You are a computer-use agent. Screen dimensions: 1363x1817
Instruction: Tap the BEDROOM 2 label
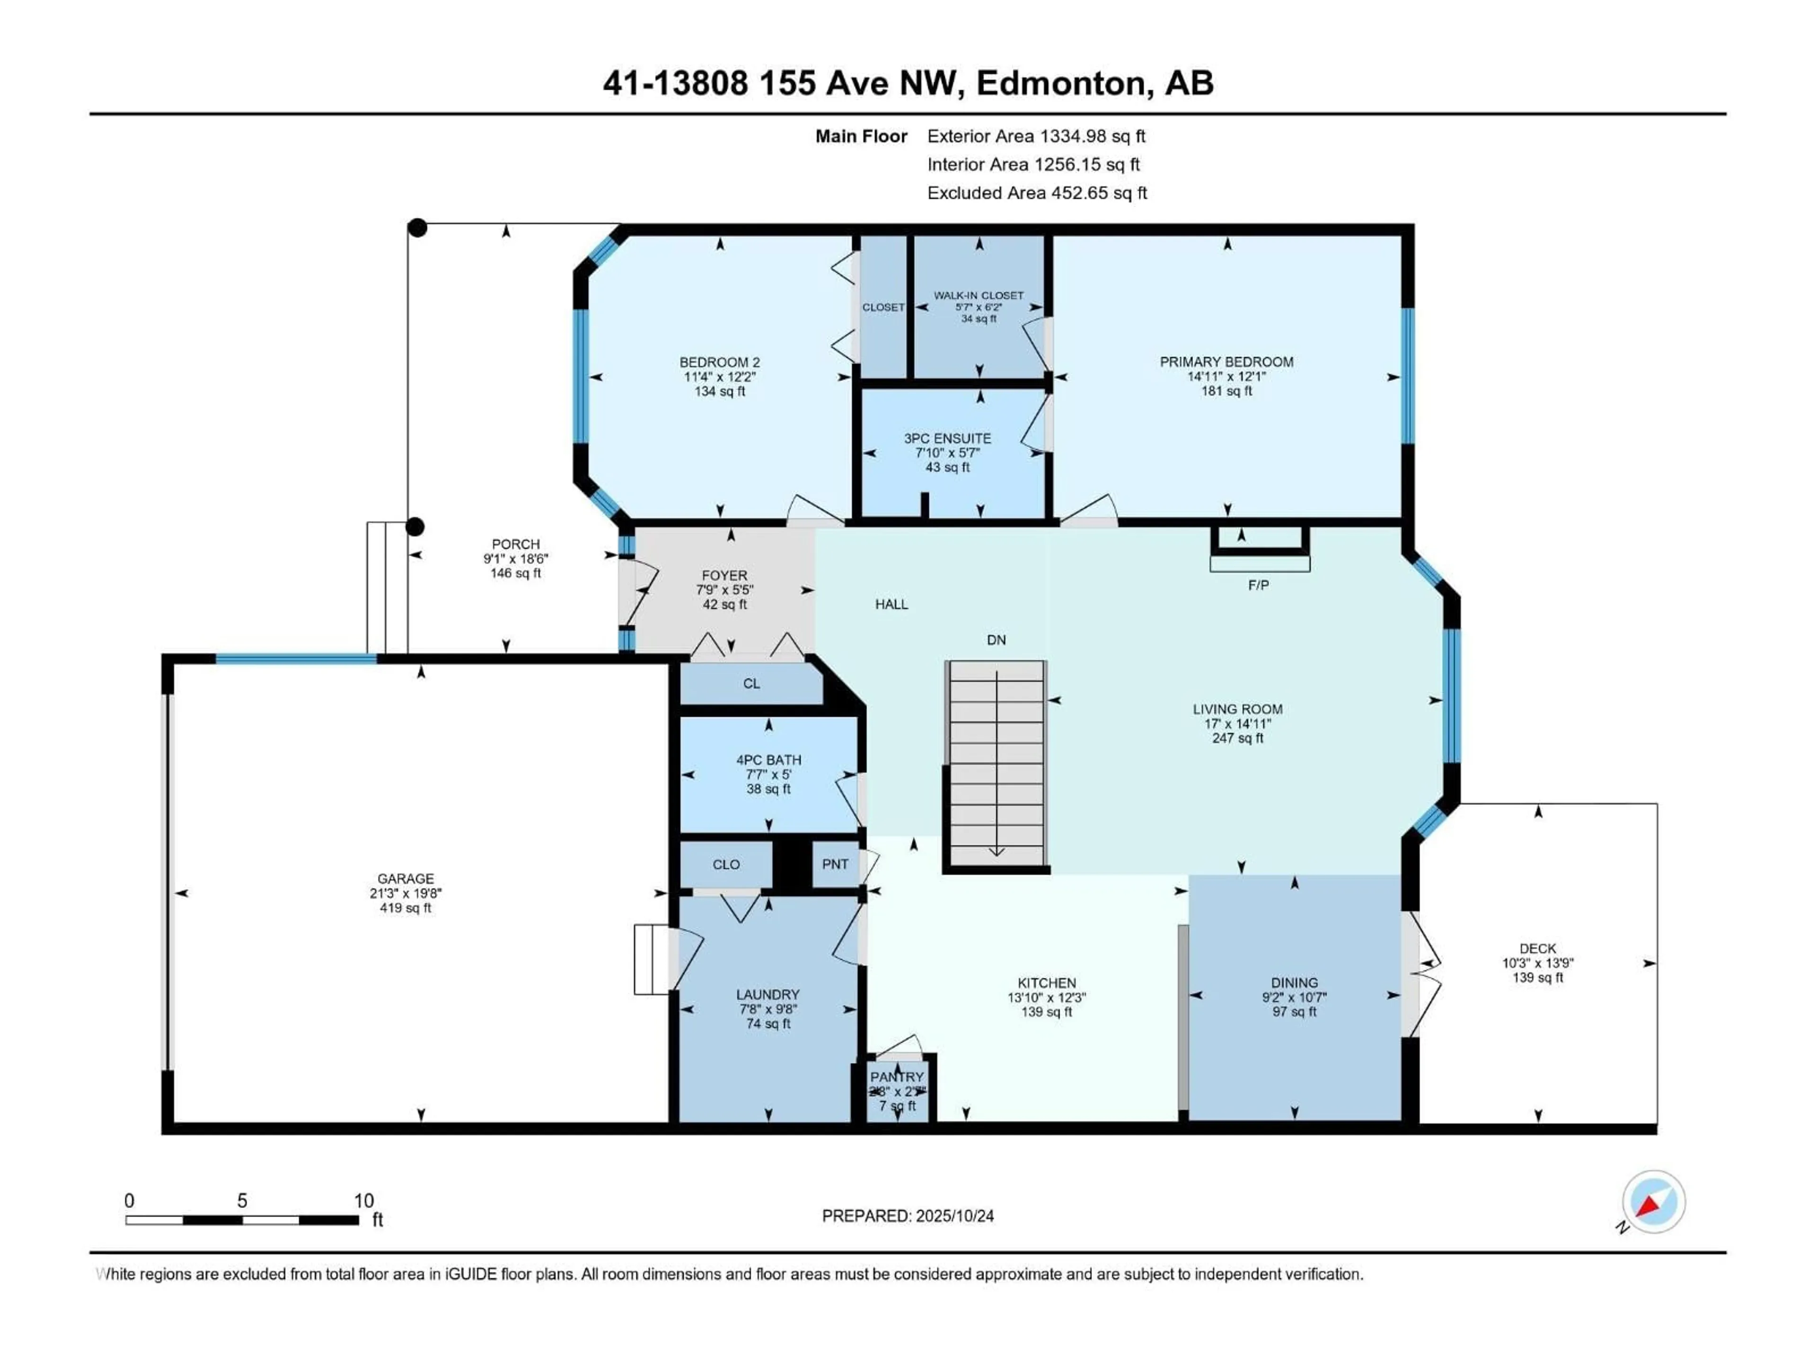[x=720, y=363]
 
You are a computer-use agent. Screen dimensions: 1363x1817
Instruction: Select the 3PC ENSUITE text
[x=947, y=439]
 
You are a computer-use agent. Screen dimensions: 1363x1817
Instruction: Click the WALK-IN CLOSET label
[x=979, y=295]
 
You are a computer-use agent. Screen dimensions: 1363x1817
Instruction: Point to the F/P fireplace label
[x=1258, y=585]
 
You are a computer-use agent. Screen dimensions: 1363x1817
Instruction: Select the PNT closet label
[x=835, y=864]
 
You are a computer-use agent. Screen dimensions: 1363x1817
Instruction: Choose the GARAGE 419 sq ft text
[x=405, y=908]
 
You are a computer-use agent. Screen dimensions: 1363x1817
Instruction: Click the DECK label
[x=1537, y=948]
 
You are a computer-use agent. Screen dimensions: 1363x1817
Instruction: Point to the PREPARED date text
[x=908, y=1216]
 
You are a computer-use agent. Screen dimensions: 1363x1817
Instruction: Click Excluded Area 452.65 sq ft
[x=1037, y=193]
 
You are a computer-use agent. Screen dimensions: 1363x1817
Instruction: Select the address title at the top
[x=908, y=83]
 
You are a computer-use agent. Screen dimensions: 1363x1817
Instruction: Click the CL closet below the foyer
[x=751, y=683]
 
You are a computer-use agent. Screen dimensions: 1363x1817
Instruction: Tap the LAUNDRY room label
[x=767, y=994]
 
